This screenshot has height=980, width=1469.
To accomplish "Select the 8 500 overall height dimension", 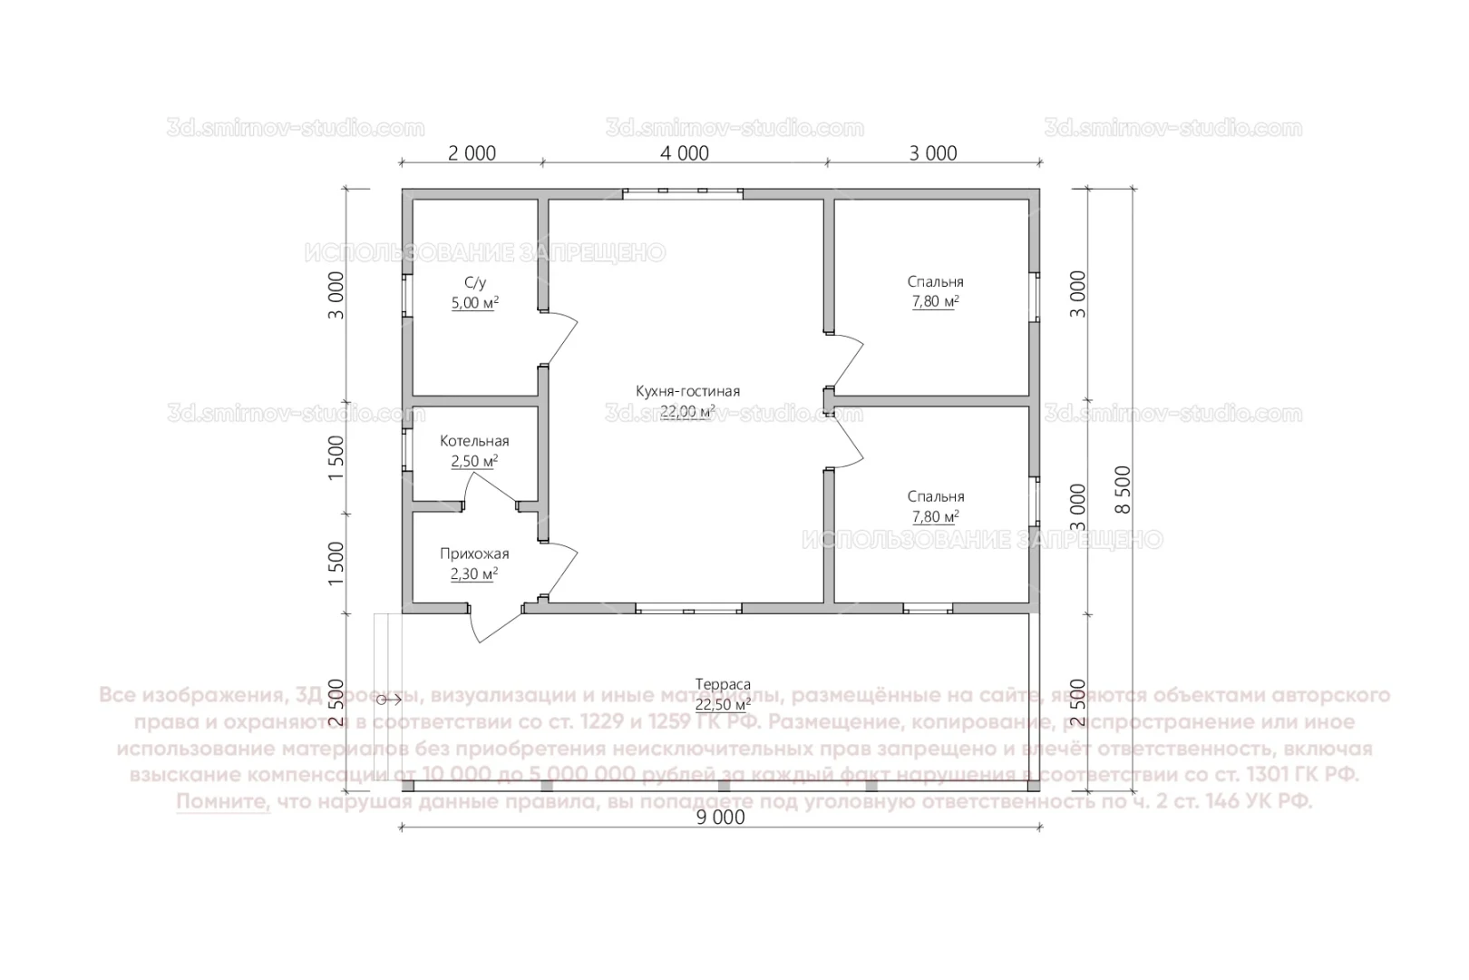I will click(x=1122, y=489).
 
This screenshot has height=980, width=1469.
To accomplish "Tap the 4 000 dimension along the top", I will click(x=685, y=153).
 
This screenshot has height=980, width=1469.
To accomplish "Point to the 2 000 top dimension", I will click(x=472, y=153).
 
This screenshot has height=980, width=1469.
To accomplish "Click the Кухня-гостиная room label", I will click(x=687, y=391).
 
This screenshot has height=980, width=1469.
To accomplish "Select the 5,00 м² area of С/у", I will click(x=475, y=303).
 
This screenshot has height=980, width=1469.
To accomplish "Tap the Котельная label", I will click(x=474, y=441).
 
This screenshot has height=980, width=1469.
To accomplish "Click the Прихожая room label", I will click(x=474, y=554).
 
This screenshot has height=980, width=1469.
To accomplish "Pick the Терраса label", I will click(x=723, y=684).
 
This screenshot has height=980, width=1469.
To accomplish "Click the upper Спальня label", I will click(x=935, y=281).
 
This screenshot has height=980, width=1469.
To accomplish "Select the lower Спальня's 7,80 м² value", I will click(x=935, y=517).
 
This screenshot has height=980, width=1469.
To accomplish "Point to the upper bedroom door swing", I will click(x=849, y=359).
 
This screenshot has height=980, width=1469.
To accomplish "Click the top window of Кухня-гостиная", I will click(x=683, y=192).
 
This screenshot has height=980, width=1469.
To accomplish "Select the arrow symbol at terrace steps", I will click(x=390, y=699).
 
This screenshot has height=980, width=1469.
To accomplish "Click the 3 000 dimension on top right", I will click(x=933, y=153).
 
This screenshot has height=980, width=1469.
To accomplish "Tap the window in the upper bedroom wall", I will click(x=1034, y=296).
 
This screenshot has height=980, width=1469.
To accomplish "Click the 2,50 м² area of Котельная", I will click(x=474, y=461).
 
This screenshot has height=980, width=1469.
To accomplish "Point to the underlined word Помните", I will click(x=223, y=802).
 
